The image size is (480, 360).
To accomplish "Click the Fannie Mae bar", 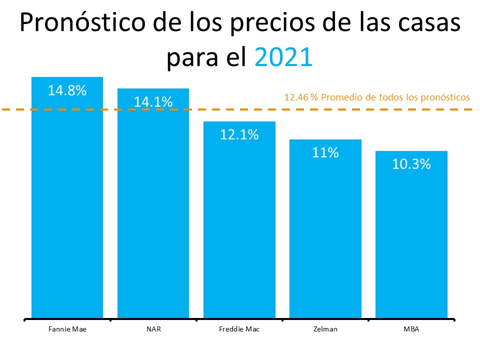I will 67,200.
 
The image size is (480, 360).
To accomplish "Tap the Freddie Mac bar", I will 239,220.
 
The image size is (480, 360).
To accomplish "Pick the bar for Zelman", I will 325,230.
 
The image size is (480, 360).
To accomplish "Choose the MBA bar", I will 411,235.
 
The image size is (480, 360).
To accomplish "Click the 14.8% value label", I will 67,90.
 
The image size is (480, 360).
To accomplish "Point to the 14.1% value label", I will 153,102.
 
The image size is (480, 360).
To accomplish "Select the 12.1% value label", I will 239,134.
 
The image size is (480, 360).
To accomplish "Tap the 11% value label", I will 325,152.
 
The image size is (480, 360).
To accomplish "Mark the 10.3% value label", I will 411,164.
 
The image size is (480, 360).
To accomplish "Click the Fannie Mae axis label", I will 67,329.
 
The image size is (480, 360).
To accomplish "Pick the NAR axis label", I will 153,329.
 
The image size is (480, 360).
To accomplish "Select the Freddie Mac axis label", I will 239,329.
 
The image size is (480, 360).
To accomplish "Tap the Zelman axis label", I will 325,329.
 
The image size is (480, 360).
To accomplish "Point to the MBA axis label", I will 411,329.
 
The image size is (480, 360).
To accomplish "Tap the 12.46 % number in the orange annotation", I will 301,97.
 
